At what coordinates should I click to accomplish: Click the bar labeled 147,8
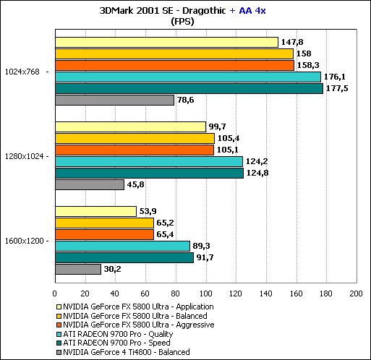click(x=166, y=42)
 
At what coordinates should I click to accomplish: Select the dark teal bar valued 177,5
click(x=189, y=88)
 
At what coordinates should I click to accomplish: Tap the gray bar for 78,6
click(x=115, y=100)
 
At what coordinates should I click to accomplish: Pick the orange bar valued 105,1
click(x=135, y=150)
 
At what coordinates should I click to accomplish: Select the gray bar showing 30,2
click(x=78, y=269)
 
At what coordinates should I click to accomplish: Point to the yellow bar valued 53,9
click(x=96, y=211)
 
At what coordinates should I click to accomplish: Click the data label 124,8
click(x=257, y=173)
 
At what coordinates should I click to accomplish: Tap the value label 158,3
click(x=308, y=65)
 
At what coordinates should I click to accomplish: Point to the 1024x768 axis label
click(x=22, y=72)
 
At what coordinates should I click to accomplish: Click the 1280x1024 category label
click(x=25, y=156)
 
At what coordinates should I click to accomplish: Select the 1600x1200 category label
click(x=25, y=241)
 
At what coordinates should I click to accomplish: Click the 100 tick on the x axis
click(x=206, y=293)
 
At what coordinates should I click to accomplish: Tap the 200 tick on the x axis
click(x=357, y=293)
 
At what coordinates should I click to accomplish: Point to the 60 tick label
click(x=145, y=293)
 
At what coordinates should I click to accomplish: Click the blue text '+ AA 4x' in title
click(x=247, y=11)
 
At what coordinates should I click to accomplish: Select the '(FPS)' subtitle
click(x=182, y=22)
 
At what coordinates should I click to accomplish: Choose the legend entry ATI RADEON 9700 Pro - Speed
click(x=114, y=343)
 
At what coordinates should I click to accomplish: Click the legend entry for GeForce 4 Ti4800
click(x=123, y=352)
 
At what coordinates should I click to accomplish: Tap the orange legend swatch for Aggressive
click(x=59, y=325)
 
